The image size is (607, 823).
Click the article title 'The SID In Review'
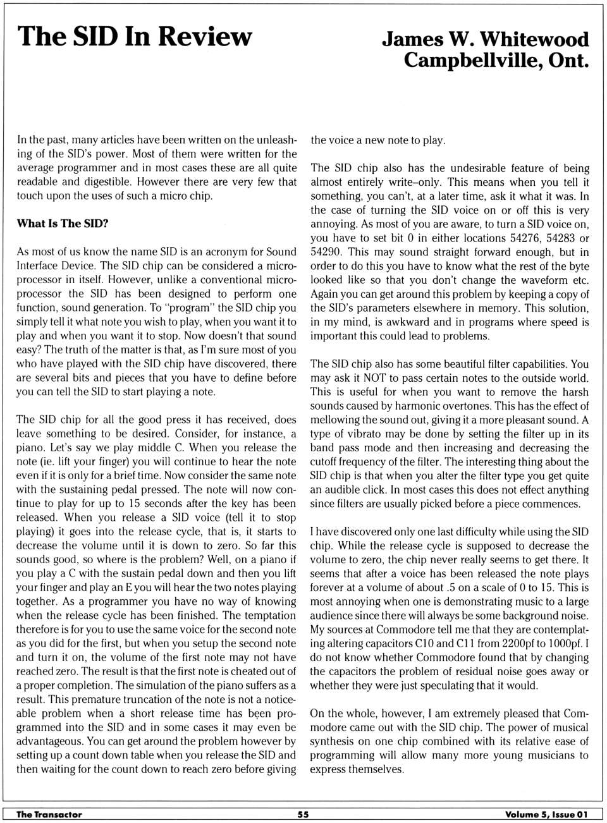click(x=135, y=37)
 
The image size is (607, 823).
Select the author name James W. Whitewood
click(x=485, y=39)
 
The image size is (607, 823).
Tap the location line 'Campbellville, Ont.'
click(x=496, y=61)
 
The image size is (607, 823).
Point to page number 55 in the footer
click(x=303, y=814)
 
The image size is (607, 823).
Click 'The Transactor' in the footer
click(x=49, y=814)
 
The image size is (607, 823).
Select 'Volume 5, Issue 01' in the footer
click(x=546, y=814)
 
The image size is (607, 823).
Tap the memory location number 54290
click(x=327, y=252)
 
